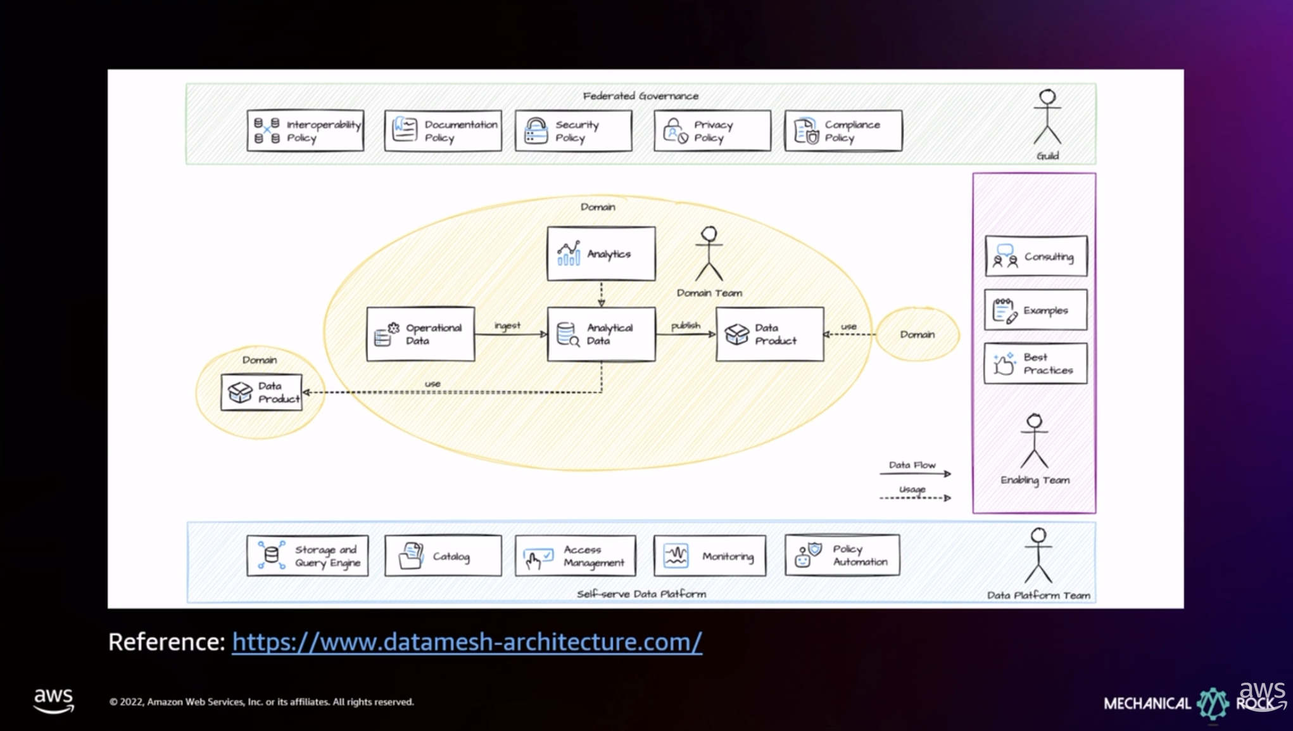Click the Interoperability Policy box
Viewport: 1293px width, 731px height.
coord(305,130)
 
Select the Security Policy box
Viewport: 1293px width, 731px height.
coord(573,130)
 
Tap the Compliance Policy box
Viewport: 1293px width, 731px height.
coord(843,130)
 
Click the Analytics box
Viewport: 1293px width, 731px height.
coord(601,253)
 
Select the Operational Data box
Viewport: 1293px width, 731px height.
coord(420,334)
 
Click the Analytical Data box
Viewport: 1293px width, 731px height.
coord(601,334)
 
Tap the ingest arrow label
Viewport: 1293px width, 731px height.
coord(507,326)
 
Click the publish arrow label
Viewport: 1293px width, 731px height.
coord(685,326)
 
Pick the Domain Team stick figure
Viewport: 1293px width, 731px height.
coord(709,254)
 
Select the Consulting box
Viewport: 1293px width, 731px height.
coord(1036,256)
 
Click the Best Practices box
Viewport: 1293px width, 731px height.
coord(1035,364)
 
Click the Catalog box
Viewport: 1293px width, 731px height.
coord(443,556)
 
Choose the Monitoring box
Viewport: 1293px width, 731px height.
coord(709,556)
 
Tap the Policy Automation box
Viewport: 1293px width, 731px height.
coord(842,555)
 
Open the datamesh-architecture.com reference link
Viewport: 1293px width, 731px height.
coord(467,642)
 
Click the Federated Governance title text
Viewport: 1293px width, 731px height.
coord(640,96)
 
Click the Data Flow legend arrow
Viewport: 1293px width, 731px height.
coord(915,473)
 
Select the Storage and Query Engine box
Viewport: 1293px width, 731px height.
coord(307,556)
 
